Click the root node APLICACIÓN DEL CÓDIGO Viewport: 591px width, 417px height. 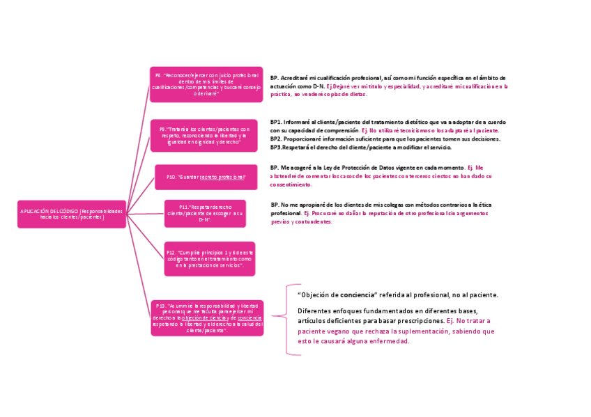pos(72,214)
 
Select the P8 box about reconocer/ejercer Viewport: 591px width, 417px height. pos(206,84)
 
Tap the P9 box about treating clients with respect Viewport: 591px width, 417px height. pos(204,135)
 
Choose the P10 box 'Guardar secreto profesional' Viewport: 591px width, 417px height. pos(206,177)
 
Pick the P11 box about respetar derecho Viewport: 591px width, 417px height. pos(205,213)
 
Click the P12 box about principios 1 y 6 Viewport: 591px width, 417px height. pos(209,258)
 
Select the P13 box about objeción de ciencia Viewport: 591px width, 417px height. pos(207,317)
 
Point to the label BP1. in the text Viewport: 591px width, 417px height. pos(276,122)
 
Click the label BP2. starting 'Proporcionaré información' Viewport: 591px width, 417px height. pos(276,139)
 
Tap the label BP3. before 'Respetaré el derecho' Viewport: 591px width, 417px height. pos(276,148)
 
